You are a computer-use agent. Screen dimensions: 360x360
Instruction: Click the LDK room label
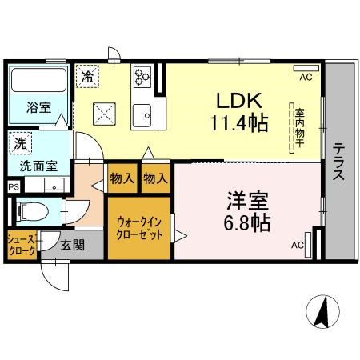click(x=239, y=100)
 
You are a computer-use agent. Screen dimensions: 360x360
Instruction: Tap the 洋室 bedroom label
click(x=248, y=201)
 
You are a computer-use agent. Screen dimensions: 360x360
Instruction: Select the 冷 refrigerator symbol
click(x=87, y=76)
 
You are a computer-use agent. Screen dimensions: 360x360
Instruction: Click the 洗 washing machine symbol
click(x=20, y=143)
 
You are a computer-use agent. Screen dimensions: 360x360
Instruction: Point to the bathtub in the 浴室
click(x=38, y=80)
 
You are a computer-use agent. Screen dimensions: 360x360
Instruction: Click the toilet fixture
click(x=33, y=212)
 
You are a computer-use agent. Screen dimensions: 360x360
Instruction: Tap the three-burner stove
click(x=142, y=77)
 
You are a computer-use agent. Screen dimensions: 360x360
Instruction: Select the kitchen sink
click(x=142, y=116)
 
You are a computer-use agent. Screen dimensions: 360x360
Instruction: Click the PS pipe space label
click(x=14, y=186)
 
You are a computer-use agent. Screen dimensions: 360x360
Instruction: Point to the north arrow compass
click(x=322, y=311)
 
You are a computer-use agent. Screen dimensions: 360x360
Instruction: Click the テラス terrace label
click(x=338, y=162)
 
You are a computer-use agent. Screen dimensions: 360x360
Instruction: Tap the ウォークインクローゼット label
click(x=139, y=228)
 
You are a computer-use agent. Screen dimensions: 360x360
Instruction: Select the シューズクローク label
click(x=22, y=245)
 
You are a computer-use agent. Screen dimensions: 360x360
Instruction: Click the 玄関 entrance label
click(x=72, y=245)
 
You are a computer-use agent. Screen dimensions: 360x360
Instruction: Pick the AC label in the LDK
click(x=306, y=77)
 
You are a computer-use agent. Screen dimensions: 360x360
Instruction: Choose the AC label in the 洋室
click(x=298, y=245)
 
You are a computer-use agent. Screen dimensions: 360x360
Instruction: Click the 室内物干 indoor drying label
click(x=300, y=128)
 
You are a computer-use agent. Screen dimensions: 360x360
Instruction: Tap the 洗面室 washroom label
click(x=38, y=166)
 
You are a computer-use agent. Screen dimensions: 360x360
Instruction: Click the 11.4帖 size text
click(x=239, y=122)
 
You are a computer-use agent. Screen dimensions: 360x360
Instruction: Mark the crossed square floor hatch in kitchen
click(x=104, y=114)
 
